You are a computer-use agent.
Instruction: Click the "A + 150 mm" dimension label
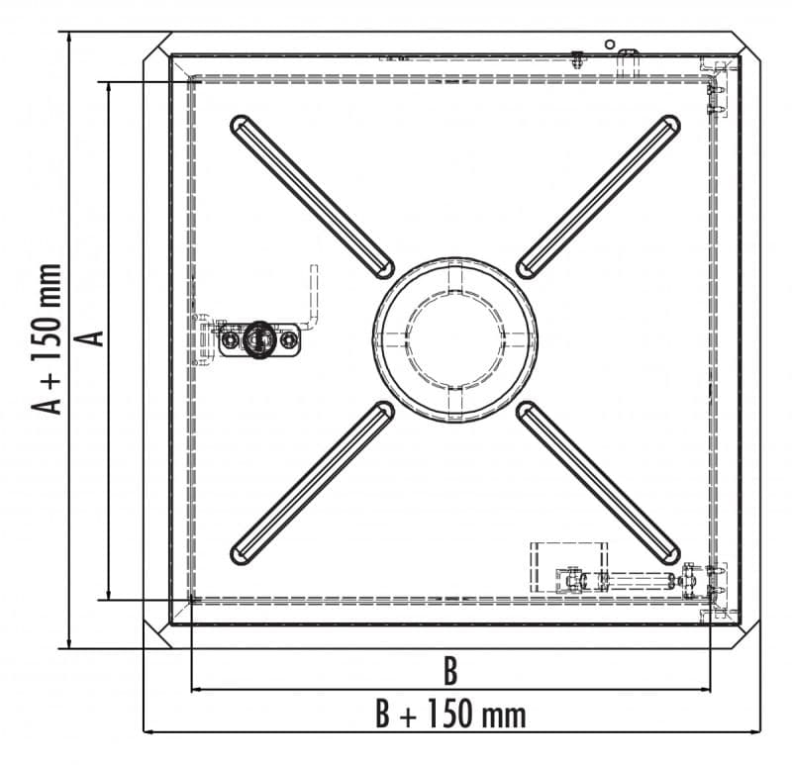47,339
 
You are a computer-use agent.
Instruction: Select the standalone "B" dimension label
450,671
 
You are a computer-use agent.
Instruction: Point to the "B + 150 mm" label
450,714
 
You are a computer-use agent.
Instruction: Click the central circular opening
454,339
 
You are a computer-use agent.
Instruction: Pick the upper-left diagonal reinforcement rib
312,197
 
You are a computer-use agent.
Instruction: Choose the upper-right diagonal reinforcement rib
598,197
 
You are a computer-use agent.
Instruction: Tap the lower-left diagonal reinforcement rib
312,483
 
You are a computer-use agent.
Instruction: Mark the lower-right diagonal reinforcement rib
598,483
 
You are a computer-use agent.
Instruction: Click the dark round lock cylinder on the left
259,339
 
